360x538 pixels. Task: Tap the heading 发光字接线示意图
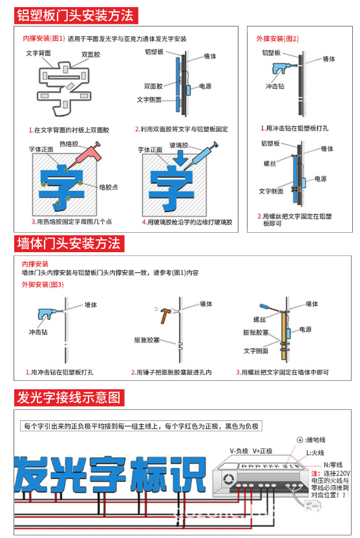69,396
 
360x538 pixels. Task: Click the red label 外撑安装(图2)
277,39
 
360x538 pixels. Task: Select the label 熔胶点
109,188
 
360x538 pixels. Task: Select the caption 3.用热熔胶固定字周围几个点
70,222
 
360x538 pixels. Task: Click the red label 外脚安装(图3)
43,285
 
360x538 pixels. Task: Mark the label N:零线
334,464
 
